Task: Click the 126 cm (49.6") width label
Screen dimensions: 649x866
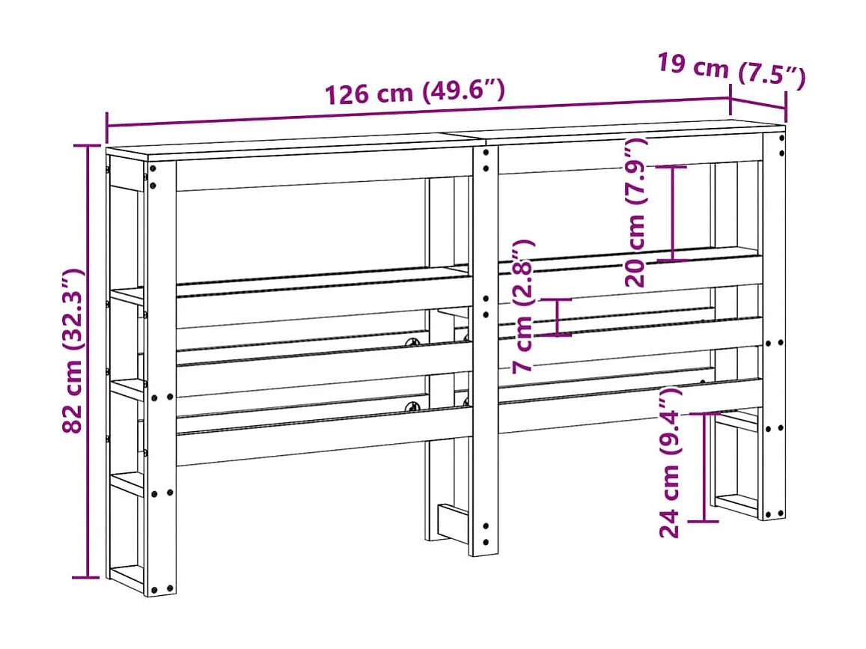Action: [x=414, y=91]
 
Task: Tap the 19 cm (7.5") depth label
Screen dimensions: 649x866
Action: [x=731, y=70]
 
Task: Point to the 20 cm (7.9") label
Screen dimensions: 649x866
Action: [x=638, y=213]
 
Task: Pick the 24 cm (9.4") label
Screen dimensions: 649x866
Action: [x=670, y=462]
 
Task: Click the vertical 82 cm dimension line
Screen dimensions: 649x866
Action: [x=88, y=359]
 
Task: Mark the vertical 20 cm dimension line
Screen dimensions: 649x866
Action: [x=673, y=213]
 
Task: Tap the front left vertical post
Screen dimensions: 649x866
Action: [x=161, y=374]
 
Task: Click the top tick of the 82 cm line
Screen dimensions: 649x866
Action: [x=88, y=145]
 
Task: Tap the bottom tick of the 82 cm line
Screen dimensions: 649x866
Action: [x=88, y=577]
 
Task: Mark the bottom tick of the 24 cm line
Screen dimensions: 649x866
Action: [x=704, y=520]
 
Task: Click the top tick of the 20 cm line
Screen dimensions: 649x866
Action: [x=673, y=166]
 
